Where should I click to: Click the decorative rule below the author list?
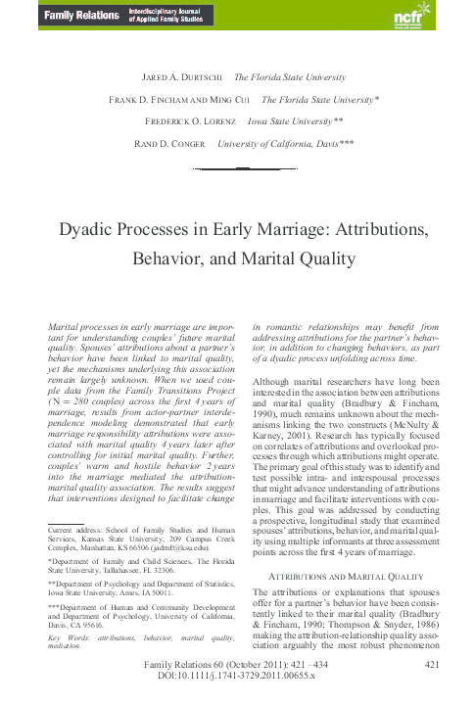tap(237, 169)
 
